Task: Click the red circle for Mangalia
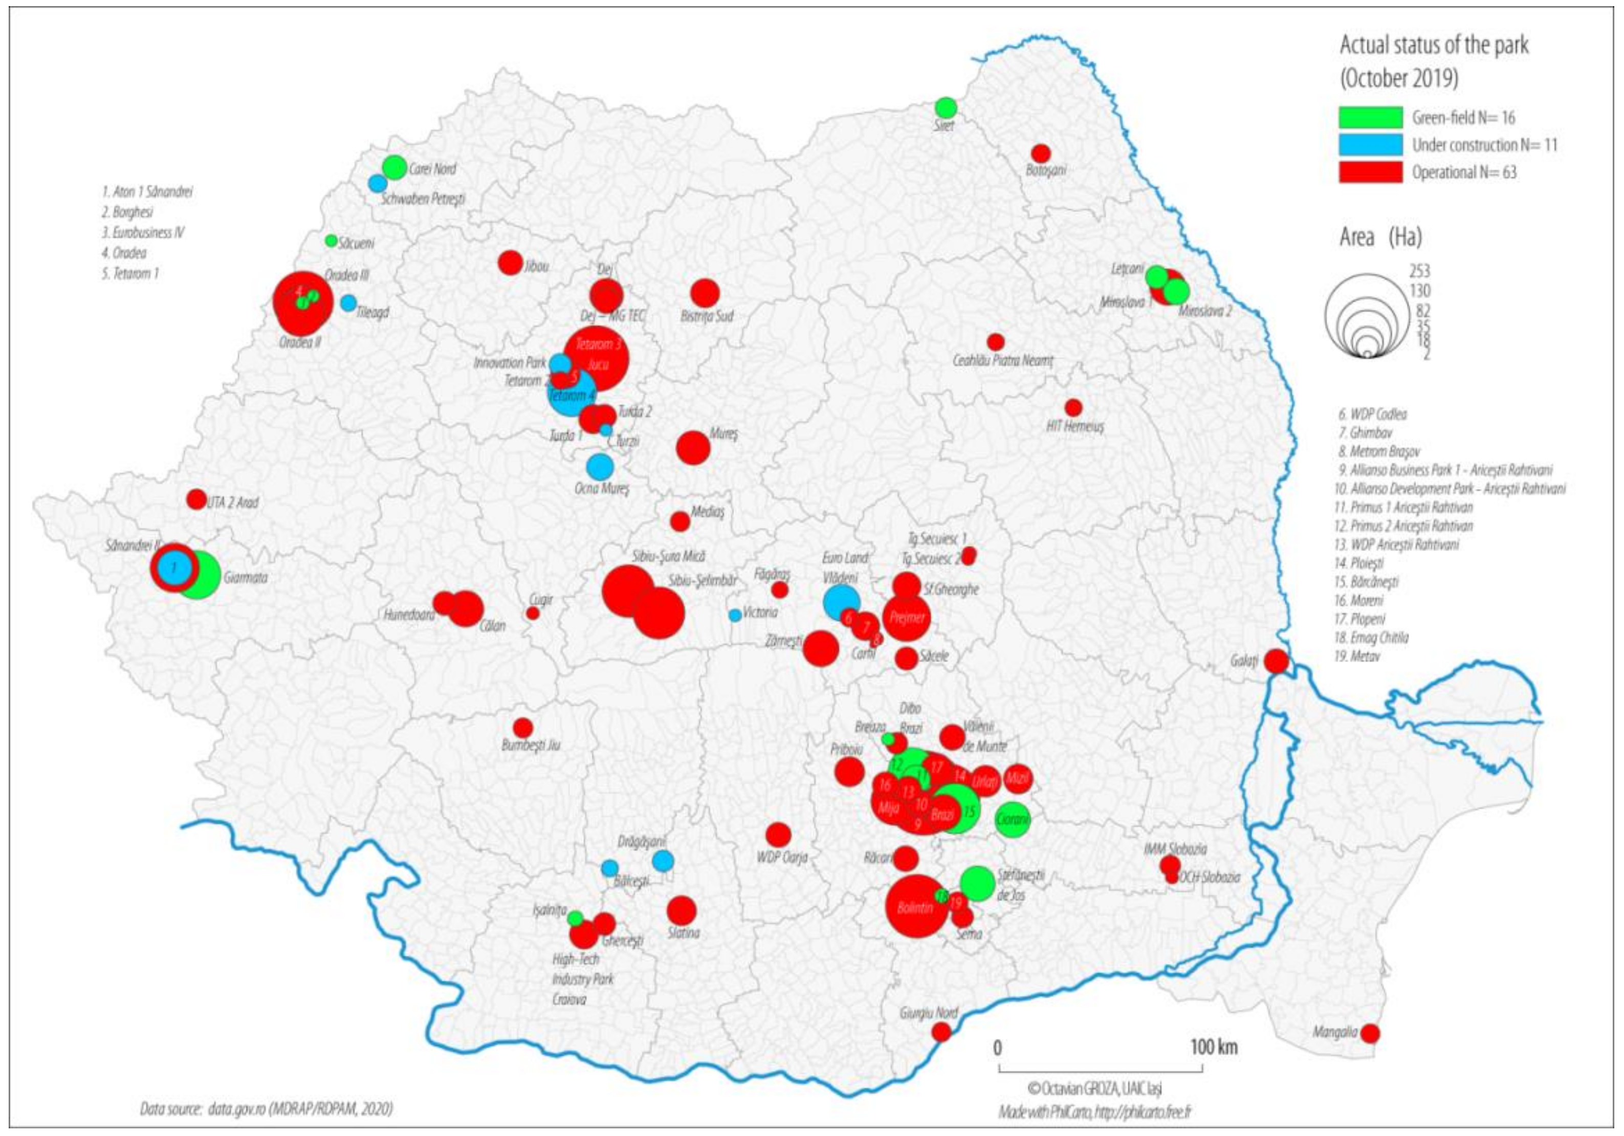pos(1370,1034)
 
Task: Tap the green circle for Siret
pos(946,107)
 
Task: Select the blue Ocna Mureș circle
pos(600,466)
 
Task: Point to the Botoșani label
pos(1045,170)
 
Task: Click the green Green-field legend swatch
pos(1370,117)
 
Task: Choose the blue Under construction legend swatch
pos(1370,145)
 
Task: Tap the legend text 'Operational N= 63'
pos(1464,172)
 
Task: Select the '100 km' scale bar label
pos(1214,1047)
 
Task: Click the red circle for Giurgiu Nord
pos(941,1032)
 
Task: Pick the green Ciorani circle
pos(1012,820)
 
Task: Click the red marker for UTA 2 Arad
pos(196,499)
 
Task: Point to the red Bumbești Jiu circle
pos(523,727)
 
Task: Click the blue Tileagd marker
pos(348,303)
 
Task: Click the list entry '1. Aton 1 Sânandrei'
pos(146,192)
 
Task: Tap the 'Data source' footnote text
pos(266,1108)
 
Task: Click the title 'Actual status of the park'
pos(1434,45)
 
